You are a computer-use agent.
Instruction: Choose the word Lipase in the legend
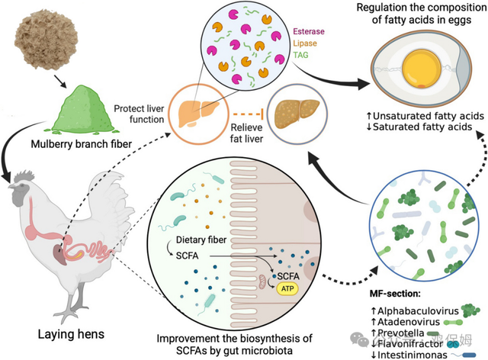tap(307, 44)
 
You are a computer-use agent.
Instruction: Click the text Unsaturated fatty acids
tap(404, 114)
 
